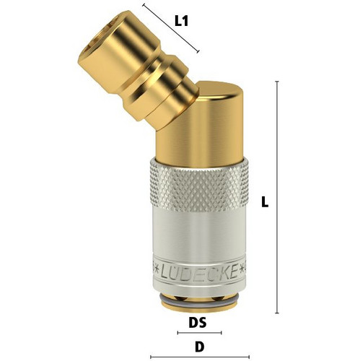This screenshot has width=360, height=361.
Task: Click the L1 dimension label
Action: pyautogui.click(x=181, y=22)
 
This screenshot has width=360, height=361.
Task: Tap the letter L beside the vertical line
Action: pyautogui.click(x=265, y=201)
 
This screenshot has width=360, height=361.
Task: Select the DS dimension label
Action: pyautogui.click(x=198, y=323)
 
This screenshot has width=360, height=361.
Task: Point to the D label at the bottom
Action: pyautogui.click(x=199, y=347)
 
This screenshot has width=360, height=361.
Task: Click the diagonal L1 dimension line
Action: pyautogui.click(x=171, y=28)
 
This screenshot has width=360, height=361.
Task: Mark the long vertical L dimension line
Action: pyautogui.click(x=277, y=197)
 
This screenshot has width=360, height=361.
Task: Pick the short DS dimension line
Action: pyautogui.click(x=199, y=333)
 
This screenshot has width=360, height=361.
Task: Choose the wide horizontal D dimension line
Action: pyautogui.click(x=200, y=357)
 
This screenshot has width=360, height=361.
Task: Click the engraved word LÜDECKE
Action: pyautogui.click(x=198, y=271)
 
